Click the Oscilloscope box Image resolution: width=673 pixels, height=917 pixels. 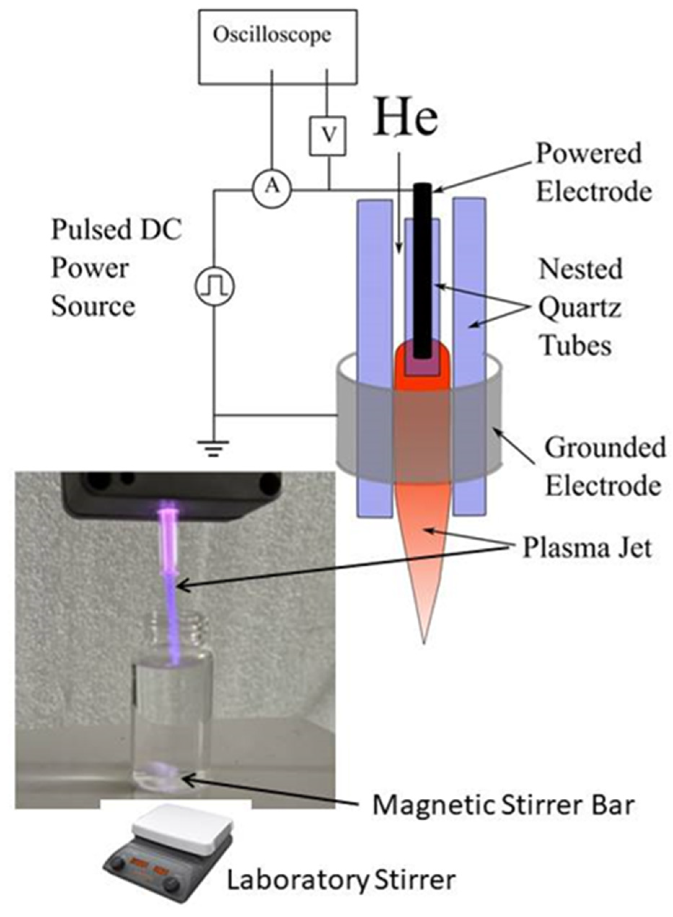[278, 47]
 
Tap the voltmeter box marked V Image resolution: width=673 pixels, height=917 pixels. [328, 136]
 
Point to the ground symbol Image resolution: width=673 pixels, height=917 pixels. [213, 448]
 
